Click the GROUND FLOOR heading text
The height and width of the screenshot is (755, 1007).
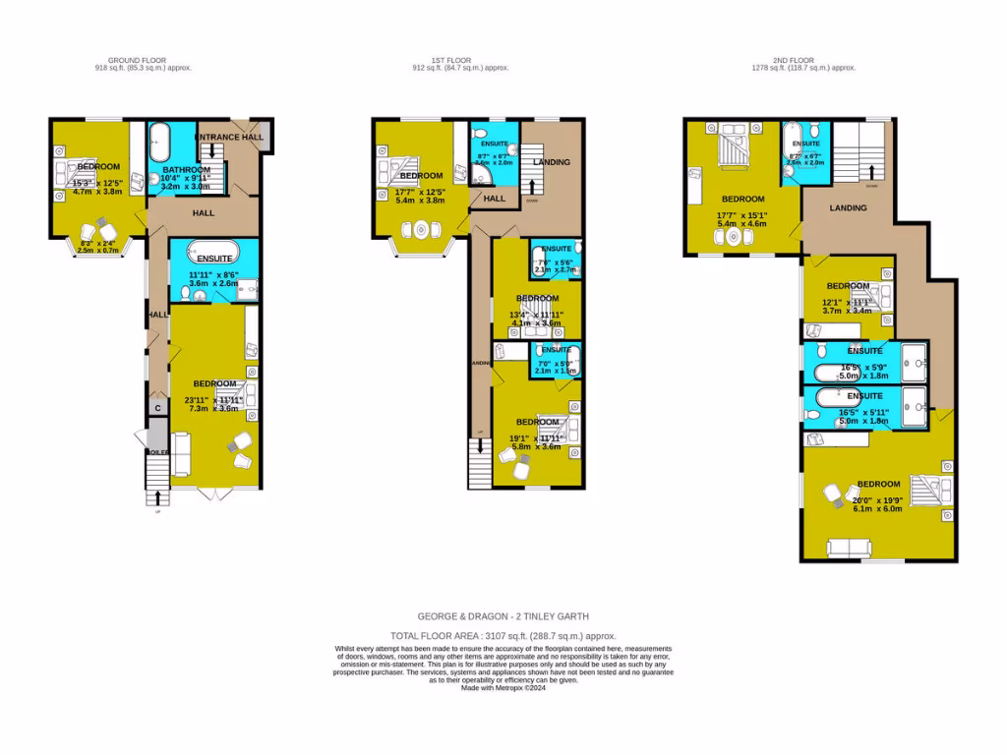tap(143, 60)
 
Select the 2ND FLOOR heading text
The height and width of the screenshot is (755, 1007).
tap(804, 60)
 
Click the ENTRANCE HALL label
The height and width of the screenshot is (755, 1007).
tap(229, 137)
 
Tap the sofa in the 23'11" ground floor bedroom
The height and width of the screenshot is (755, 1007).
tap(182, 453)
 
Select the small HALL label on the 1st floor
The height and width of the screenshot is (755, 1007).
tap(494, 199)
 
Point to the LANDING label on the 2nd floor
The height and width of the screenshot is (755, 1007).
tap(848, 207)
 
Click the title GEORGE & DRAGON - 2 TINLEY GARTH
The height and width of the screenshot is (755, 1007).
tap(503, 616)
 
